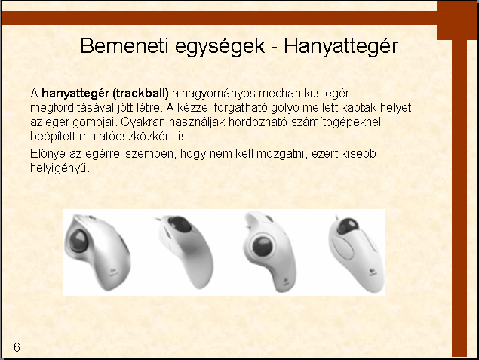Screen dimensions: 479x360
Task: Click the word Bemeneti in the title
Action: pyautogui.click(x=124, y=46)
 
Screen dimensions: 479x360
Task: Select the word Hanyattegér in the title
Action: pyautogui.click(x=341, y=47)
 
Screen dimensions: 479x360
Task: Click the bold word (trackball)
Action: pyautogui.click(x=141, y=94)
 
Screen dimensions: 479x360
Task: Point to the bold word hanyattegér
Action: pyautogui.click(x=76, y=94)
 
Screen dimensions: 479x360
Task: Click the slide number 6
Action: pyautogui.click(x=17, y=347)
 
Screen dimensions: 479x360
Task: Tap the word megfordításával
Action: pyautogui.click(x=72, y=108)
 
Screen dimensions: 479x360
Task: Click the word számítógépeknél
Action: pyautogui.click(x=336, y=122)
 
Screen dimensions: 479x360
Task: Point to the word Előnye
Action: pyautogui.click(x=48, y=154)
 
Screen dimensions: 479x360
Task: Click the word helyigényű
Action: pyautogui.click(x=59, y=168)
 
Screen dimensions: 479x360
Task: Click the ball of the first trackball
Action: pyautogui.click(x=78, y=241)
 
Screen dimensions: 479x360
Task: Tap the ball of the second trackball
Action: pyautogui.click(x=180, y=224)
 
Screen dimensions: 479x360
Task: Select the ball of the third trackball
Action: pyautogui.click(x=263, y=247)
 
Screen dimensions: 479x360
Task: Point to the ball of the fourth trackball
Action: pyautogui.click(x=348, y=226)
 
